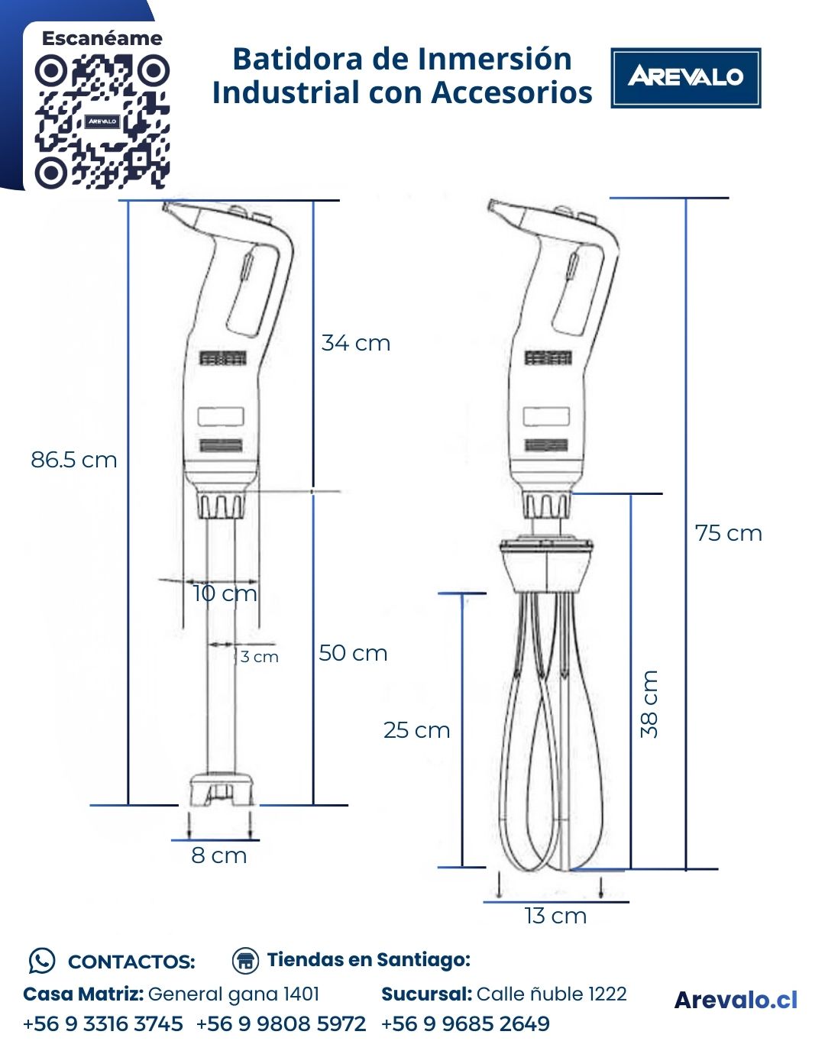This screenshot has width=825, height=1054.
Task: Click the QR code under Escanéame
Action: (x=102, y=121)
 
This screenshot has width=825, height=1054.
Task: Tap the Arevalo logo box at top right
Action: (x=685, y=77)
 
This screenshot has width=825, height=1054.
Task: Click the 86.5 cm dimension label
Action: (x=73, y=460)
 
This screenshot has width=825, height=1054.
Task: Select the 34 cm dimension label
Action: (x=355, y=343)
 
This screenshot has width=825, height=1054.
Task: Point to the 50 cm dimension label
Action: (x=353, y=653)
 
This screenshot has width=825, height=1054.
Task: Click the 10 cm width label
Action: (x=225, y=593)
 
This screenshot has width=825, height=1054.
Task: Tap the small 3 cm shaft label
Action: (x=259, y=657)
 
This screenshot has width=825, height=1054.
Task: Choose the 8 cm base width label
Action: (x=219, y=855)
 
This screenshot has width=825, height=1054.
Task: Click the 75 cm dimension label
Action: (x=728, y=533)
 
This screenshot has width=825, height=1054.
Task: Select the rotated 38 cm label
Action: (x=649, y=703)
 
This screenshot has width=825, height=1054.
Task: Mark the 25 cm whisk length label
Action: (x=416, y=730)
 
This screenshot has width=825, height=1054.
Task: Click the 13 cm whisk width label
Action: (x=555, y=916)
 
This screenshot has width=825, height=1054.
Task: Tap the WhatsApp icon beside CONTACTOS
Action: (x=41, y=961)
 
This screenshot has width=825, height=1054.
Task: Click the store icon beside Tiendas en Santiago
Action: (x=245, y=960)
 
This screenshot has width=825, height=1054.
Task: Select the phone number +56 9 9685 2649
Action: (x=465, y=1023)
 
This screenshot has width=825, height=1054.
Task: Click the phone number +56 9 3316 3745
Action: (x=103, y=1023)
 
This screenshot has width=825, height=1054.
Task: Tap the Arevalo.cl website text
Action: (x=736, y=1000)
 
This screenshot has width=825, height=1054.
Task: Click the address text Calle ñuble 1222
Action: (x=551, y=994)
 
